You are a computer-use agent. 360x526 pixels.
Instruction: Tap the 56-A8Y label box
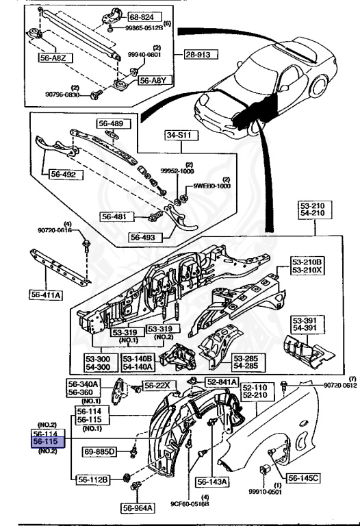point(153,80)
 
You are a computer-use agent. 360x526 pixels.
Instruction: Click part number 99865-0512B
point(137,28)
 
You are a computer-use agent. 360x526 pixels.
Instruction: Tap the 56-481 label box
point(116,216)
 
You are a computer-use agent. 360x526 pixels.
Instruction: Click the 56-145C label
point(305,477)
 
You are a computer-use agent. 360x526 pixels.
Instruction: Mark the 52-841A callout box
point(221,381)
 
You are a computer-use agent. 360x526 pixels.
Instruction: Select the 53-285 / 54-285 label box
point(247,361)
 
